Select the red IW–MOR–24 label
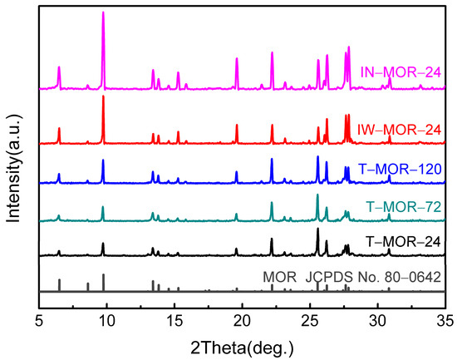click(x=397, y=129)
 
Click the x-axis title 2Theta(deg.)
click(x=241, y=346)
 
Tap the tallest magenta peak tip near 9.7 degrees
click(x=103, y=12)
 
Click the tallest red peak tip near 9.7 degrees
click(x=103, y=96)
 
